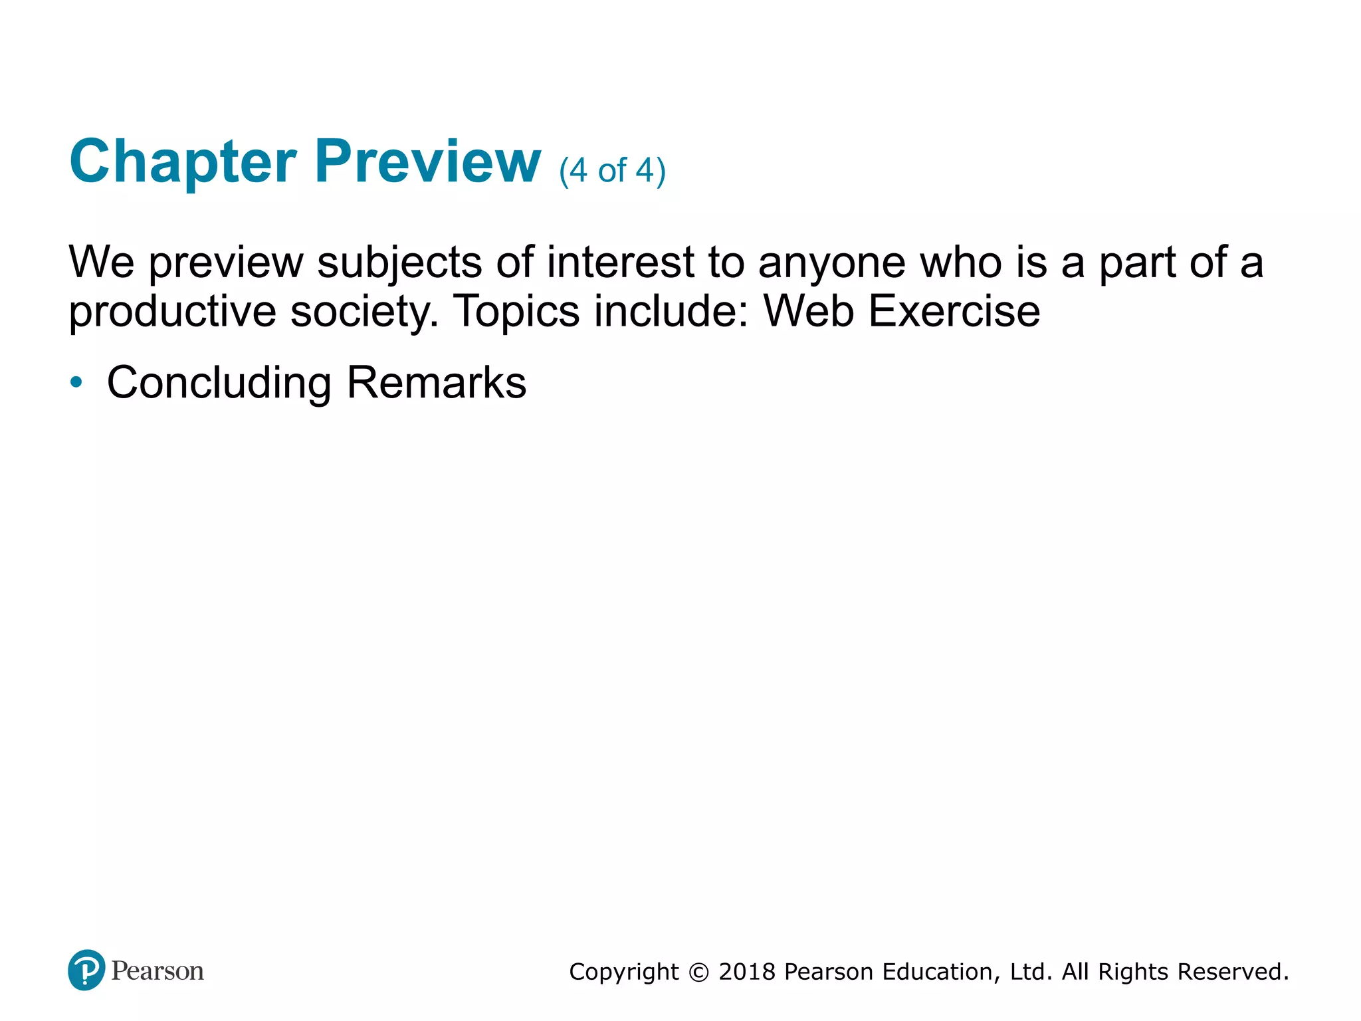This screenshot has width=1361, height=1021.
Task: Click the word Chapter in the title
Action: click(183, 162)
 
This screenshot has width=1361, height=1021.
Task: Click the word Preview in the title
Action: click(427, 162)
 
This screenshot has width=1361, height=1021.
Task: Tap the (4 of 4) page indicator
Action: click(612, 171)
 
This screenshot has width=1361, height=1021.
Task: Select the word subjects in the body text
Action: click(399, 263)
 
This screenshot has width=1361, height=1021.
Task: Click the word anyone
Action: click(831, 263)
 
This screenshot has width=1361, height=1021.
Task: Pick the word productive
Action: click(172, 312)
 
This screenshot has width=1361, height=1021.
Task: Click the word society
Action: click(365, 312)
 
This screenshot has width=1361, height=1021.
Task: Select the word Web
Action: click(808, 310)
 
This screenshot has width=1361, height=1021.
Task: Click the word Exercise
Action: click(954, 310)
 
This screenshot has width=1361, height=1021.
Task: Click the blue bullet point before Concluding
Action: click(76, 382)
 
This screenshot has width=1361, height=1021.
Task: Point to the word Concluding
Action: click(219, 384)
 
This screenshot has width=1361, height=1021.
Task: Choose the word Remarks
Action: click(437, 382)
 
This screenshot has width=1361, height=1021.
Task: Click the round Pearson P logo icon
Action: click(86, 970)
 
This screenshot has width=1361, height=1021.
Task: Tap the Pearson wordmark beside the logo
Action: click(157, 971)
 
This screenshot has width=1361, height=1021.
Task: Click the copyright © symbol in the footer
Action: click(698, 972)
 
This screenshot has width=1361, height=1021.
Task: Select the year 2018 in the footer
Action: click(747, 972)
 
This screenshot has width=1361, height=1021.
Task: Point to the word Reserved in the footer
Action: click(1233, 972)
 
